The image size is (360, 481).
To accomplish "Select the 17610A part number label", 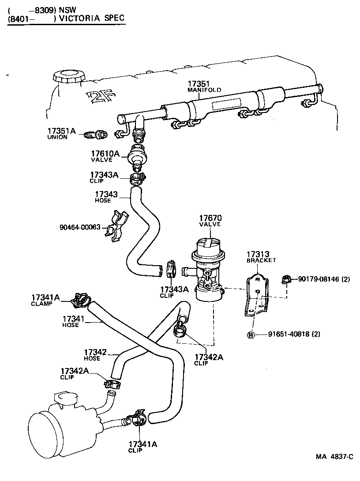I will tap(105, 154).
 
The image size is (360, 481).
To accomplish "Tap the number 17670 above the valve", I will tap(210, 218).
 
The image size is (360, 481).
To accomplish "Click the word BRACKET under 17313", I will tap(261, 260).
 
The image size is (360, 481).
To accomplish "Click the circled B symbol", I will tap(250, 334).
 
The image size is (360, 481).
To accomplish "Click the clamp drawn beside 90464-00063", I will tap(116, 226).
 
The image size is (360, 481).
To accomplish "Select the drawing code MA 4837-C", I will tap(334, 457).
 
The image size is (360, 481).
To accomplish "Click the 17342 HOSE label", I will tap(95, 352).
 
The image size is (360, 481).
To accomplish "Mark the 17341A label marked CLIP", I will tap(142, 444).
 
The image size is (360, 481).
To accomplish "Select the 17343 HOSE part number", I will tap(106, 194).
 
